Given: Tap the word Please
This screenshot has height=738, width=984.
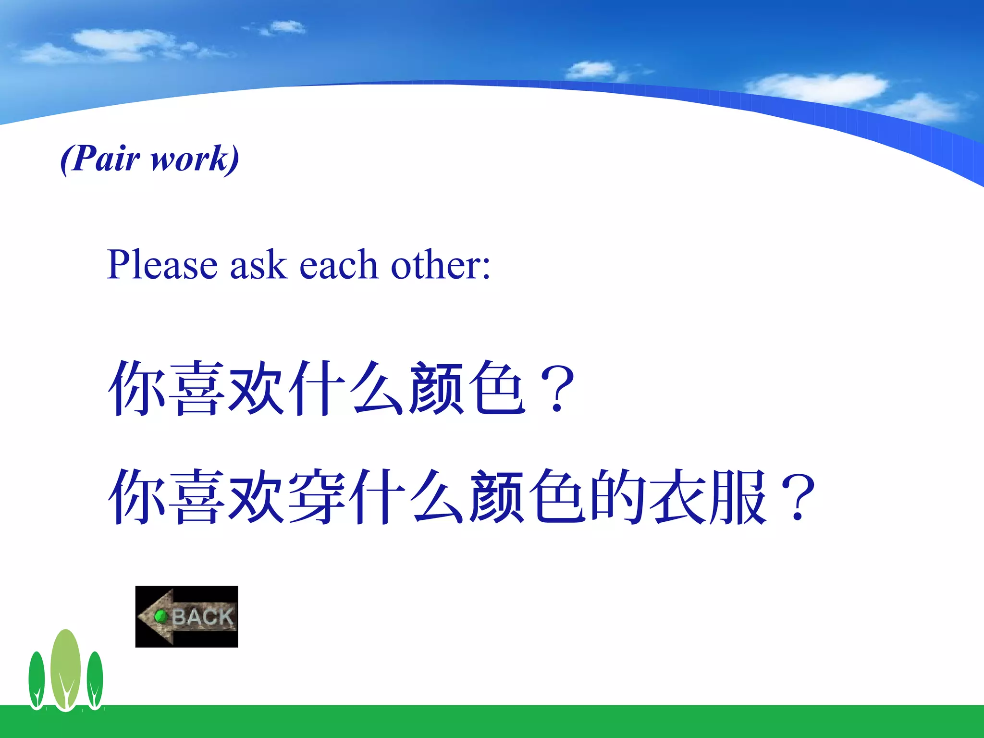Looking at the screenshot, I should tap(162, 265).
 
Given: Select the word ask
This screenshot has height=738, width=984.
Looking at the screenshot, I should tap(258, 265).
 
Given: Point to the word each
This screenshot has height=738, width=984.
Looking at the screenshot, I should tap(338, 265).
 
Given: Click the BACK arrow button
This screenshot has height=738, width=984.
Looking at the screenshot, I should tap(187, 616).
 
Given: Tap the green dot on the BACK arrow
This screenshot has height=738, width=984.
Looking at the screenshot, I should tap(160, 616).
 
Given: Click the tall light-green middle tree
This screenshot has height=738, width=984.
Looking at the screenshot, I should tap(66, 668).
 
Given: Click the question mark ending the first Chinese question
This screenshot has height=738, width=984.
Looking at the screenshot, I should tap(557, 389).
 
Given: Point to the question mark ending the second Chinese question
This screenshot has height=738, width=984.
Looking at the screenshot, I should tap(798, 498).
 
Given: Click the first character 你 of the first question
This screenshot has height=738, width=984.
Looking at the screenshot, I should tap(136, 388).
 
